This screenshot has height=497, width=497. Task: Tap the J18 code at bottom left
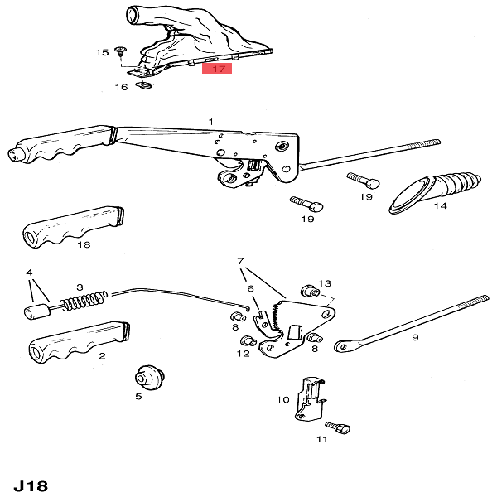pyautogui.click(x=31, y=484)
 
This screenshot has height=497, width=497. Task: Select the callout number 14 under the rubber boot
pyautogui.click(x=440, y=205)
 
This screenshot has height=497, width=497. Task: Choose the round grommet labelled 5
pyautogui.click(x=150, y=377)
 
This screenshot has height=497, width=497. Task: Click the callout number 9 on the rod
pyautogui.click(x=415, y=337)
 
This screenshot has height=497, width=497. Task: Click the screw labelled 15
pyautogui.click(x=121, y=51)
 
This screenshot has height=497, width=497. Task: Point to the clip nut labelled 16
pyautogui.click(x=145, y=83)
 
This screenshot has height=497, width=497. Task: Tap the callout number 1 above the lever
pyautogui.click(x=211, y=122)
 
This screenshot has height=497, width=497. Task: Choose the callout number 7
pyautogui.click(x=241, y=261)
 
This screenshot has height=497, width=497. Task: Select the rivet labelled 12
pyautogui.click(x=245, y=341)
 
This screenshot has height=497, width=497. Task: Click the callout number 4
pyautogui.click(x=29, y=272)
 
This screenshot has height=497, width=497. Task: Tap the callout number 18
pyautogui.click(x=84, y=245)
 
